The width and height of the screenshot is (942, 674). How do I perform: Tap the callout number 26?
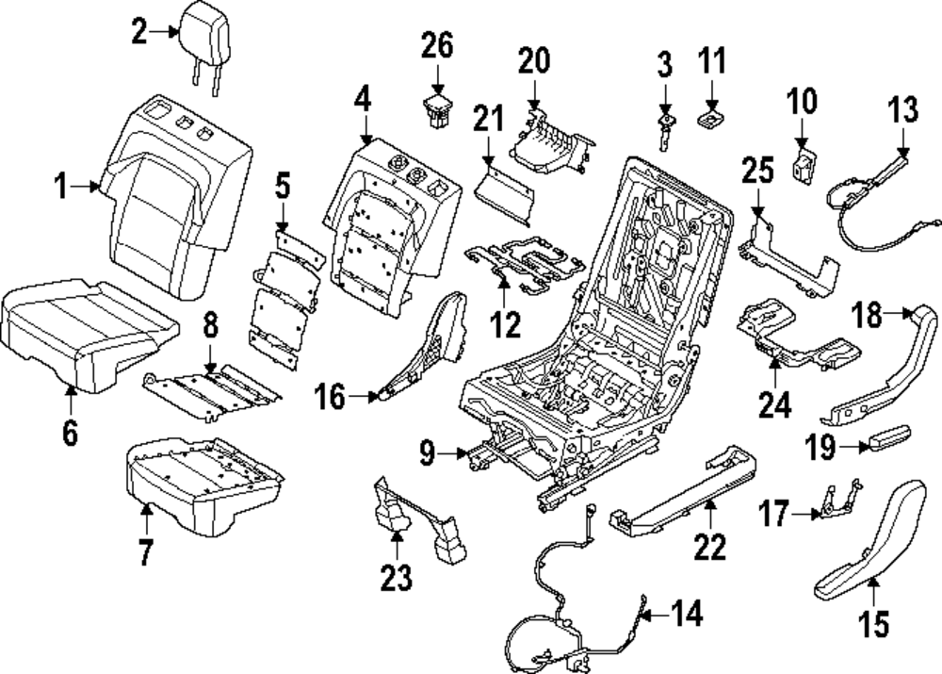[x=436, y=44]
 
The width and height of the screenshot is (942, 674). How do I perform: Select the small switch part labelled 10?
[x=803, y=165]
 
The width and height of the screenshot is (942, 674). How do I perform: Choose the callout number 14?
[x=688, y=615]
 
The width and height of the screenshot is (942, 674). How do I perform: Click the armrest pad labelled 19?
[x=887, y=438]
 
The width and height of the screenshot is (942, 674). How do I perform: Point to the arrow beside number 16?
[x=367, y=397]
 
